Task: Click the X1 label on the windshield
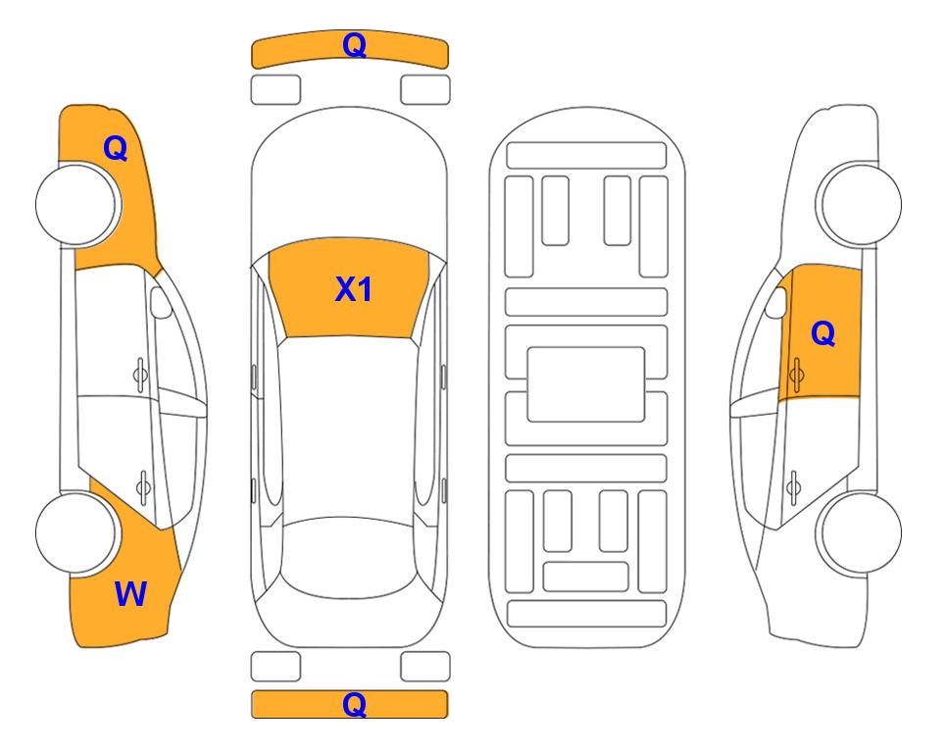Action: (x=354, y=289)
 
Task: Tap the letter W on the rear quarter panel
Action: (x=130, y=593)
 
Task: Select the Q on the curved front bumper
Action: (x=354, y=45)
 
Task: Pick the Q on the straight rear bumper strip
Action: (x=354, y=704)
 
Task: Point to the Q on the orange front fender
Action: (x=116, y=148)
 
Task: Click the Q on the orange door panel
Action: (x=823, y=333)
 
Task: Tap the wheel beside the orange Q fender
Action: (x=77, y=205)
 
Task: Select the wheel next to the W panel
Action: (x=76, y=532)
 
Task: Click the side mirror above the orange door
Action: (x=775, y=302)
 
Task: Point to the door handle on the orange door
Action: (x=796, y=375)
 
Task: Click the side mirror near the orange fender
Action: (x=161, y=302)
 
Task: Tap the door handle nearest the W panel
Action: (x=143, y=487)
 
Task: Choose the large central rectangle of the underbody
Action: (x=586, y=384)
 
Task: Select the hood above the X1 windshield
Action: (x=349, y=180)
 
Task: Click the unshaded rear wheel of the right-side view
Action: (x=859, y=532)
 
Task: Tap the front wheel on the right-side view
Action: (x=859, y=205)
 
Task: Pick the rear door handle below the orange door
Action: (x=793, y=487)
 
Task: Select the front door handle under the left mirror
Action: (x=140, y=375)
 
